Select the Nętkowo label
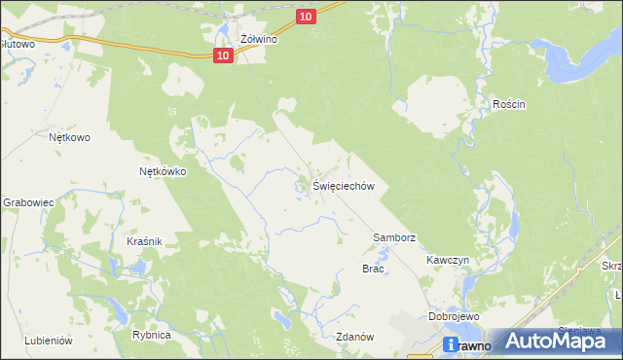click(x=69, y=138)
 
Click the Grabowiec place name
click(x=26, y=202)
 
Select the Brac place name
click(x=373, y=269)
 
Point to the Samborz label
click(x=394, y=237)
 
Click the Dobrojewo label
click(x=451, y=317)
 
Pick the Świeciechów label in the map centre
click(x=343, y=186)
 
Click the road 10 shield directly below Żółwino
click(x=224, y=56)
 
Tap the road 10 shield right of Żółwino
click(x=307, y=17)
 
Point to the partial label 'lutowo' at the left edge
click(x=18, y=44)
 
